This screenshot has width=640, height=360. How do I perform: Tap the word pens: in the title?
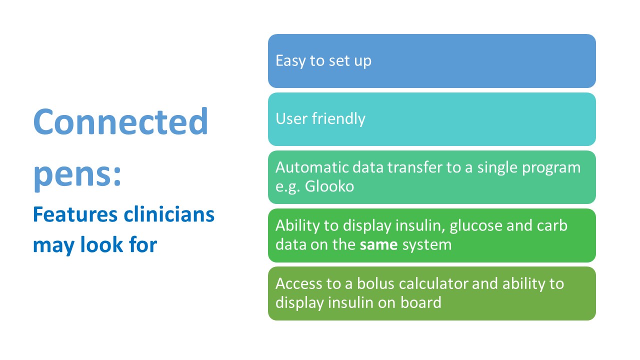[77, 175]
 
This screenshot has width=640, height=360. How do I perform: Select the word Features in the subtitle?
[75, 214]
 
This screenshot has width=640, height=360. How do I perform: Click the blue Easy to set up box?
[431, 61]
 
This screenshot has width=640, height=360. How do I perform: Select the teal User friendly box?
[431, 119]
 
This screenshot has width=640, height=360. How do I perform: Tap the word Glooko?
[329, 186]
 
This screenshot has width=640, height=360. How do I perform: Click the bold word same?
[378, 245]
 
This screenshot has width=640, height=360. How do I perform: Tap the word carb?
[552, 225]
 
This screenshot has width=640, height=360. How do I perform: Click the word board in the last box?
[421, 302]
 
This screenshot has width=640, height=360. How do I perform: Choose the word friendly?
[338, 119]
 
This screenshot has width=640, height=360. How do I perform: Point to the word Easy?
[290, 61]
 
